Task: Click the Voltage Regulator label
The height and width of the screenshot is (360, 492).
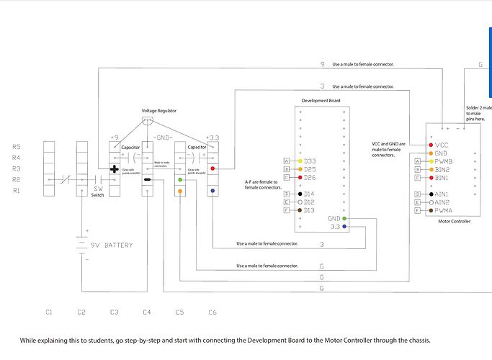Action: click(x=158, y=111)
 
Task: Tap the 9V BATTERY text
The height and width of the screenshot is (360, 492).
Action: click(x=108, y=246)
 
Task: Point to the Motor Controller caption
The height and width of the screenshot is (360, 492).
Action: click(x=454, y=222)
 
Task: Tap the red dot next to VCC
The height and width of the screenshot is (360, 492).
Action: click(x=430, y=145)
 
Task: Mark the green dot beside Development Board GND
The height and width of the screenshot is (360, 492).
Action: click(x=345, y=217)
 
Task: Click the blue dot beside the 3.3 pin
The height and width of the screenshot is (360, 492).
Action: click(x=345, y=226)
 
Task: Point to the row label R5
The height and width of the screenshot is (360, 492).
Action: click(x=17, y=147)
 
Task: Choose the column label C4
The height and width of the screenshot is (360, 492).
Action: click(x=147, y=312)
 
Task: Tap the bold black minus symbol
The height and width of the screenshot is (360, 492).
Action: click(x=147, y=180)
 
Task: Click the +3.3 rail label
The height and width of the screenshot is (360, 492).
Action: click(x=214, y=137)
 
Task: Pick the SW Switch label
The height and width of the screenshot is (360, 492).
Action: click(x=97, y=192)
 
